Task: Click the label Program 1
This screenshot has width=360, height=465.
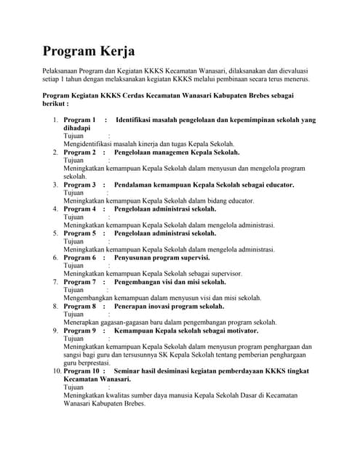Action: (79, 120)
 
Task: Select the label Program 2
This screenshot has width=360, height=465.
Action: (79, 153)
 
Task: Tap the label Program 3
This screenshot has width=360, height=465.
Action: (79, 185)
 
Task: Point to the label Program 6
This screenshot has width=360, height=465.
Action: (79, 257)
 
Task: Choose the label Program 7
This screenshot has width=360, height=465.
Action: (79, 281)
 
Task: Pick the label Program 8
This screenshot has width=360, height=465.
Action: (79, 306)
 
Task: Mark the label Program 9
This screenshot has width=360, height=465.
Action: (79, 330)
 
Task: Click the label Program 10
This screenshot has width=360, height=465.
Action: (81, 371)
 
